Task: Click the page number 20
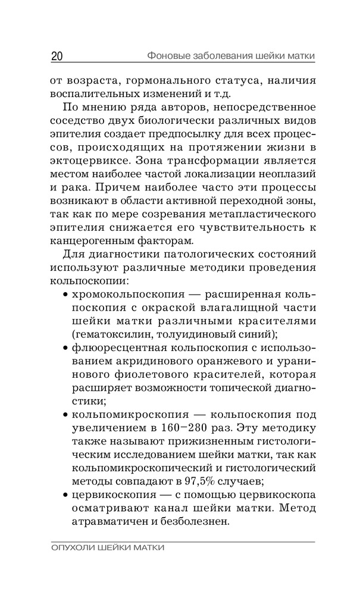[x=57, y=57]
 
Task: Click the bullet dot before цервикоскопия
[x=65, y=496]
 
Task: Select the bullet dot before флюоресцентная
[x=65, y=348]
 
